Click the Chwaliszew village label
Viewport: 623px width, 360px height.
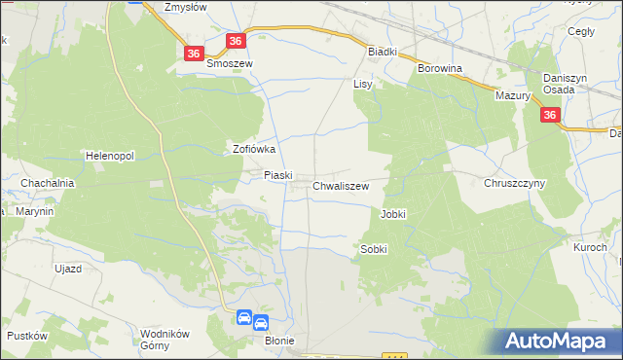pyautogui.click(x=341, y=185)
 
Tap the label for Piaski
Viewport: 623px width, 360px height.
pyautogui.click(x=278, y=175)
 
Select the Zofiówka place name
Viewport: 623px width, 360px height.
pyautogui.click(x=255, y=150)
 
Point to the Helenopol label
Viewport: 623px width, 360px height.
pyautogui.click(x=110, y=156)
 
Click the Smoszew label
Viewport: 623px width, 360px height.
pyautogui.click(x=230, y=63)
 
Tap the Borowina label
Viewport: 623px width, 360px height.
pyautogui.click(x=439, y=69)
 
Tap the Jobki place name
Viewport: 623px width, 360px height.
pyautogui.click(x=393, y=214)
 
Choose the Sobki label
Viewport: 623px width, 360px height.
pyautogui.click(x=374, y=249)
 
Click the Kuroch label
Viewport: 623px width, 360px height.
pyautogui.click(x=590, y=248)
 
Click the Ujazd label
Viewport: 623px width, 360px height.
pyautogui.click(x=67, y=268)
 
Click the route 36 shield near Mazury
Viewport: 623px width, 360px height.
pyautogui.click(x=550, y=116)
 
